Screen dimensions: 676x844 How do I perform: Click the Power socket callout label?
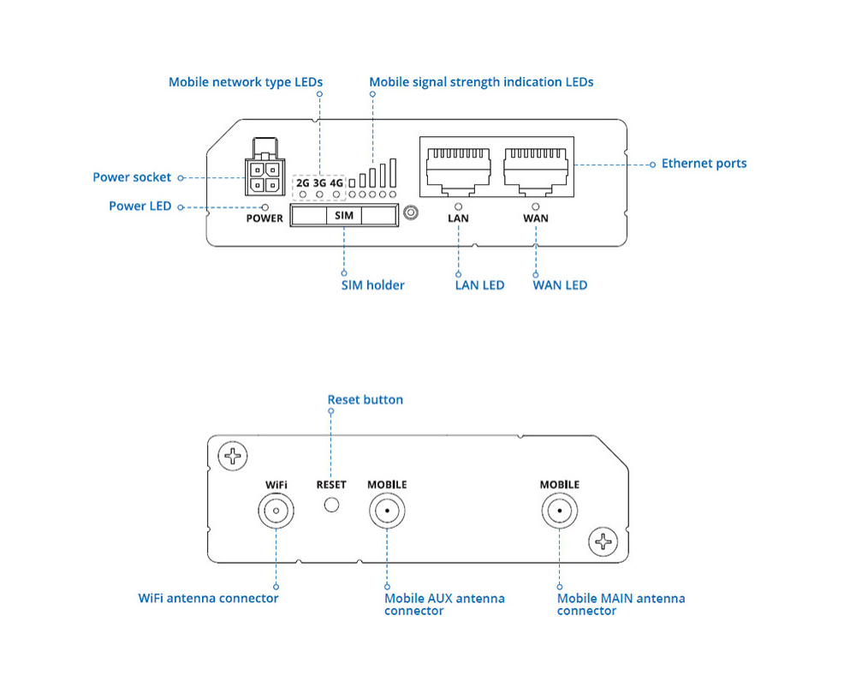pyautogui.click(x=132, y=177)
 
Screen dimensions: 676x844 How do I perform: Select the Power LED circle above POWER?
pyautogui.click(x=265, y=206)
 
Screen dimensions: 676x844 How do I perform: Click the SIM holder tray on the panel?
pyautogui.click(x=344, y=216)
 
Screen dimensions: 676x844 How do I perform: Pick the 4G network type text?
pyautogui.click(x=336, y=182)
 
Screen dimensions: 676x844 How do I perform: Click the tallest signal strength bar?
pyautogui.click(x=393, y=172)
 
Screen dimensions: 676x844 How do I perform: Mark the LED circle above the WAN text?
pyautogui.click(x=536, y=206)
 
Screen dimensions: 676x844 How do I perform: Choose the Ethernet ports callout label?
pyautogui.click(x=704, y=164)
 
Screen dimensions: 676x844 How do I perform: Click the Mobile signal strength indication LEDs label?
pyautogui.click(x=481, y=82)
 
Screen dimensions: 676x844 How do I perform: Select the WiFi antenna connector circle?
pyautogui.click(x=276, y=513)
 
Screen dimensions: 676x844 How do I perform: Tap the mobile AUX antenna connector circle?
pyautogui.click(x=387, y=513)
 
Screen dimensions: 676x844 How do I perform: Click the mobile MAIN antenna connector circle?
pyautogui.click(x=559, y=513)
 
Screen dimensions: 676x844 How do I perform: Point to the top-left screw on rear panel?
pyautogui.click(x=231, y=455)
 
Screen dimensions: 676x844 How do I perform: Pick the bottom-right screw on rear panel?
pyautogui.click(x=604, y=541)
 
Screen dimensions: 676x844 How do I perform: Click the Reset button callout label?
pyautogui.click(x=365, y=399)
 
